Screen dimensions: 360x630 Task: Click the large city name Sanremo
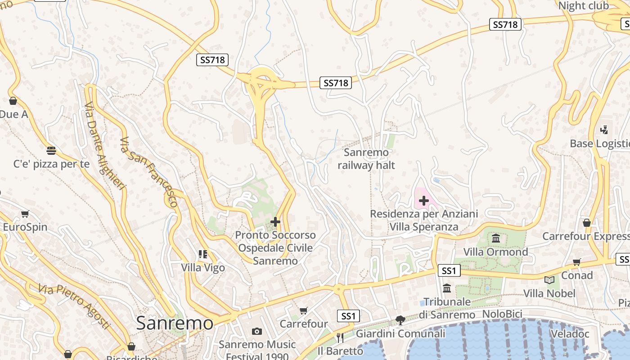tap(175, 323)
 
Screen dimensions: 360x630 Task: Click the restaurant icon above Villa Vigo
tap(203, 254)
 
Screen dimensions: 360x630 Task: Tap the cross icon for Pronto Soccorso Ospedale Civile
tap(275, 222)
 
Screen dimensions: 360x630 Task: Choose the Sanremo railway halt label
tap(366, 159)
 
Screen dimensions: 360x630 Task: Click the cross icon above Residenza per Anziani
tap(423, 201)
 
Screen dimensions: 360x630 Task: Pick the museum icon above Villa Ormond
tap(496, 238)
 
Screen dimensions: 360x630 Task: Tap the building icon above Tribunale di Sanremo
tap(447, 288)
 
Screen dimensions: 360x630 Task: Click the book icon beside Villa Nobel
tap(549, 280)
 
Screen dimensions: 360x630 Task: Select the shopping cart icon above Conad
tap(577, 262)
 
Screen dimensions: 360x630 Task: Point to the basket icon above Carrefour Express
tap(586, 223)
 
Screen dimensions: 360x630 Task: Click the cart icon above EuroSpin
tap(25, 214)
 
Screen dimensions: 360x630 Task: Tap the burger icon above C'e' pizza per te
tap(51, 150)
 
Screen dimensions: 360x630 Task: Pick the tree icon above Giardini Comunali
tap(400, 320)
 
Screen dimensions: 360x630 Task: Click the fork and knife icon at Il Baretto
tap(340, 337)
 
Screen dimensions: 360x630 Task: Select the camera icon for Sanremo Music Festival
tap(257, 332)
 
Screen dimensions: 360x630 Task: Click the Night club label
tap(583, 6)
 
